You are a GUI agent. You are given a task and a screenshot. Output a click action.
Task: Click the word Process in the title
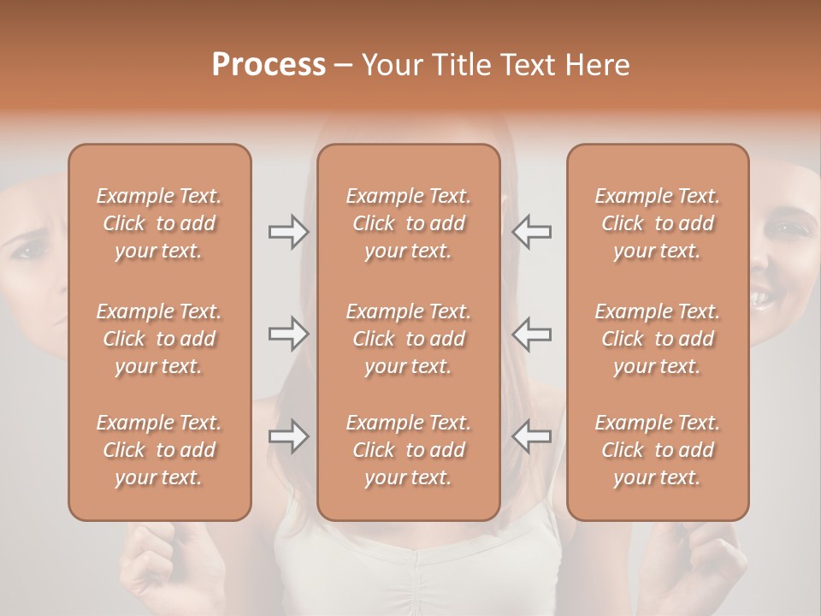pyautogui.click(x=269, y=65)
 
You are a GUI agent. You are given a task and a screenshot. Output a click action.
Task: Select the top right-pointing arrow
pyautogui.click(x=288, y=232)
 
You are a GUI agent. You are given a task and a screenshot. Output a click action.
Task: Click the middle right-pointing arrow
pyautogui.click(x=288, y=334)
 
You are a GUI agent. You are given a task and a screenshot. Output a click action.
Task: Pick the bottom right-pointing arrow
pyautogui.click(x=288, y=436)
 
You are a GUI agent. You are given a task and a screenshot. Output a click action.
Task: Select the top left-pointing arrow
pyautogui.click(x=531, y=232)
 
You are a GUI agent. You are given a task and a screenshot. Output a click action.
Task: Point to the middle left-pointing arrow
pyautogui.click(x=531, y=334)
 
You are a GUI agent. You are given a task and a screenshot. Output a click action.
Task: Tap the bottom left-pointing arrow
pyautogui.click(x=531, y=436)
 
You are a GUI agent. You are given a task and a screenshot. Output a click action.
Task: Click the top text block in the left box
pyautogui.click(x=159, y=223)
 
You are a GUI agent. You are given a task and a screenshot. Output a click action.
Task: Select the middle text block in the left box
pyautogui.click(x=159, y=339)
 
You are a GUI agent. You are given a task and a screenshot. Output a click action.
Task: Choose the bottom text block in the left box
pyautogui.click(x=159, y=450)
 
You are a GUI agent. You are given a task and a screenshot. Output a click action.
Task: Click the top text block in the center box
pyautogui.click(x=409, y=223)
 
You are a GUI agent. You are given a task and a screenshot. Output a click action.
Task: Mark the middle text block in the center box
pyautogui.click(x=409, y=339)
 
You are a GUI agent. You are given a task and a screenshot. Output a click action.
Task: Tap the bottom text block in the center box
pyautogui.click(x=409, y=450)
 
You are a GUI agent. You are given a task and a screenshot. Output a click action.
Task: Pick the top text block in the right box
pyautogui.click(x=658, y=223)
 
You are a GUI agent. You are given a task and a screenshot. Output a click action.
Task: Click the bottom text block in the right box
pyautogui.click(x=658, y=450)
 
